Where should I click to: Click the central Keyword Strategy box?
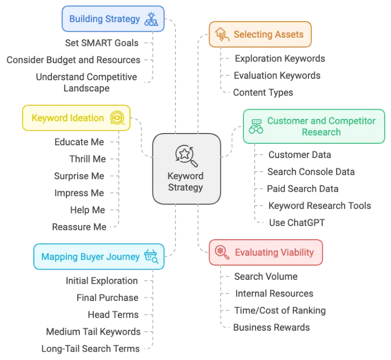[x=186, y=169]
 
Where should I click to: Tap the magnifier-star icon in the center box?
[x=186, y=156]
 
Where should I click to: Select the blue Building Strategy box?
[x=113, y=19]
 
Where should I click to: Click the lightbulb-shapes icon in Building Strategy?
[x=151, y=19]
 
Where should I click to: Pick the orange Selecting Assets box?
[x=260, y=34]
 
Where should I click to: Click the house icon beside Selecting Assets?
[x=222, y=34]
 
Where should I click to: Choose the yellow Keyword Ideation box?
[x=76, y=118]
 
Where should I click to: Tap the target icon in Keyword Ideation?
[x=117, y=118]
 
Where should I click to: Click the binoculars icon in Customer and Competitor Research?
[x=256, y=126]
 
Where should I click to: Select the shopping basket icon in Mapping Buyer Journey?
[x=151, y=256]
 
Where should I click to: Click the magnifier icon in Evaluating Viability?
[x=222, y=252]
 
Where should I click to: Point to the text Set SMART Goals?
[x=102, y=43]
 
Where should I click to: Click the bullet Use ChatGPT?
[x=297, y=223]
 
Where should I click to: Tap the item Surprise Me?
[x=79, y=176]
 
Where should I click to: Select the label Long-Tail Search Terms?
[x=91, y=349]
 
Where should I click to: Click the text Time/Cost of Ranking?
[x=280, y=311]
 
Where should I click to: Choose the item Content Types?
[x=263, y=92]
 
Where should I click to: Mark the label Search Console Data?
[x=311, y=172]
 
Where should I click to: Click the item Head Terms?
[x=113, y=315]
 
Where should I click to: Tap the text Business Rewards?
[x=271, y=327]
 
